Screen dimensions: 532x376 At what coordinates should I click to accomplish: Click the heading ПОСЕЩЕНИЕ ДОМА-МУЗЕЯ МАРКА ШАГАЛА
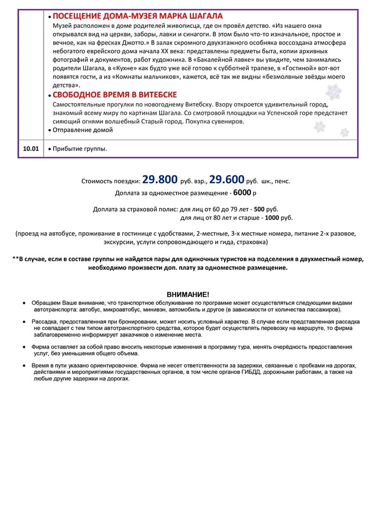(x=138, y=16)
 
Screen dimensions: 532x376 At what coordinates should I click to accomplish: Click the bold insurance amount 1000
(x=272, y=218)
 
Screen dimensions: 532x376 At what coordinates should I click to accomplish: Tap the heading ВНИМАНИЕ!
(x=188, y=294)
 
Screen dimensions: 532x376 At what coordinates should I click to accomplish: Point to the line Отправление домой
(x=83, y=130)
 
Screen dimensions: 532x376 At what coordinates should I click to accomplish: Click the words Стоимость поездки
(x=111, y=182)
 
